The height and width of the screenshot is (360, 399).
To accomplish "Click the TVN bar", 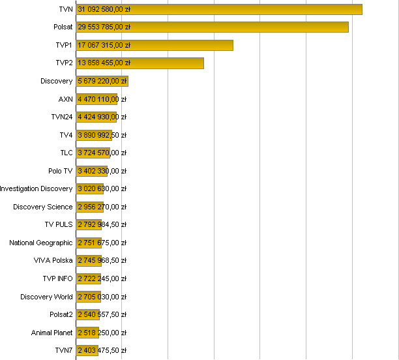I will click(219, 9).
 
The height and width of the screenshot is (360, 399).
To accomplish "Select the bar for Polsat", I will click(212, 27).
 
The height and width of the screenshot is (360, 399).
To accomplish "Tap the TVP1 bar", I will click(155, 45).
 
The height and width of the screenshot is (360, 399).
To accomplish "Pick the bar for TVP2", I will click(140, 63).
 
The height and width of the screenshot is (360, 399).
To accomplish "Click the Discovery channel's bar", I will click(102, 81).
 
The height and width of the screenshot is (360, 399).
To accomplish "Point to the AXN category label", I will click(65, 99).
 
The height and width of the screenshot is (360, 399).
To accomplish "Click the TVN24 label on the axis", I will click(62, 117).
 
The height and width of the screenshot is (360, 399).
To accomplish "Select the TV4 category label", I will click(66, 135).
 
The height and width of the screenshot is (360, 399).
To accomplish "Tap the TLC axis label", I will click(66, 153).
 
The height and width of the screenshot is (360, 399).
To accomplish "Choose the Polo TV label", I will click(61, 171).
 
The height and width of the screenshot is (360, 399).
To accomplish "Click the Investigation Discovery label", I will click(36, 188).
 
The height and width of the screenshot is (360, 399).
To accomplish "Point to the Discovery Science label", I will click(43, 207).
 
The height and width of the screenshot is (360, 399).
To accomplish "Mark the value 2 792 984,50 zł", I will click(102, 225).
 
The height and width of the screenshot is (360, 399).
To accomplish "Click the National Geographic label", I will click(41, 243).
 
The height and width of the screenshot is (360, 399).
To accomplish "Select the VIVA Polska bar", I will click(88, 261).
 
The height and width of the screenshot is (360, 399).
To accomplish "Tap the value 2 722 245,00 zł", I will click(102, 278).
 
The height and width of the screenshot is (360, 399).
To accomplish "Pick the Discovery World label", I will click(46, 297).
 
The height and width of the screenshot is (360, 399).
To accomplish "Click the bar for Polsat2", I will click(87, 314).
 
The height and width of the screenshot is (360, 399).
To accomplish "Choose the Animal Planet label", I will click(52, 333).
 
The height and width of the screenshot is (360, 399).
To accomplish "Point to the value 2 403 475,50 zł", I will click(102, 351).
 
